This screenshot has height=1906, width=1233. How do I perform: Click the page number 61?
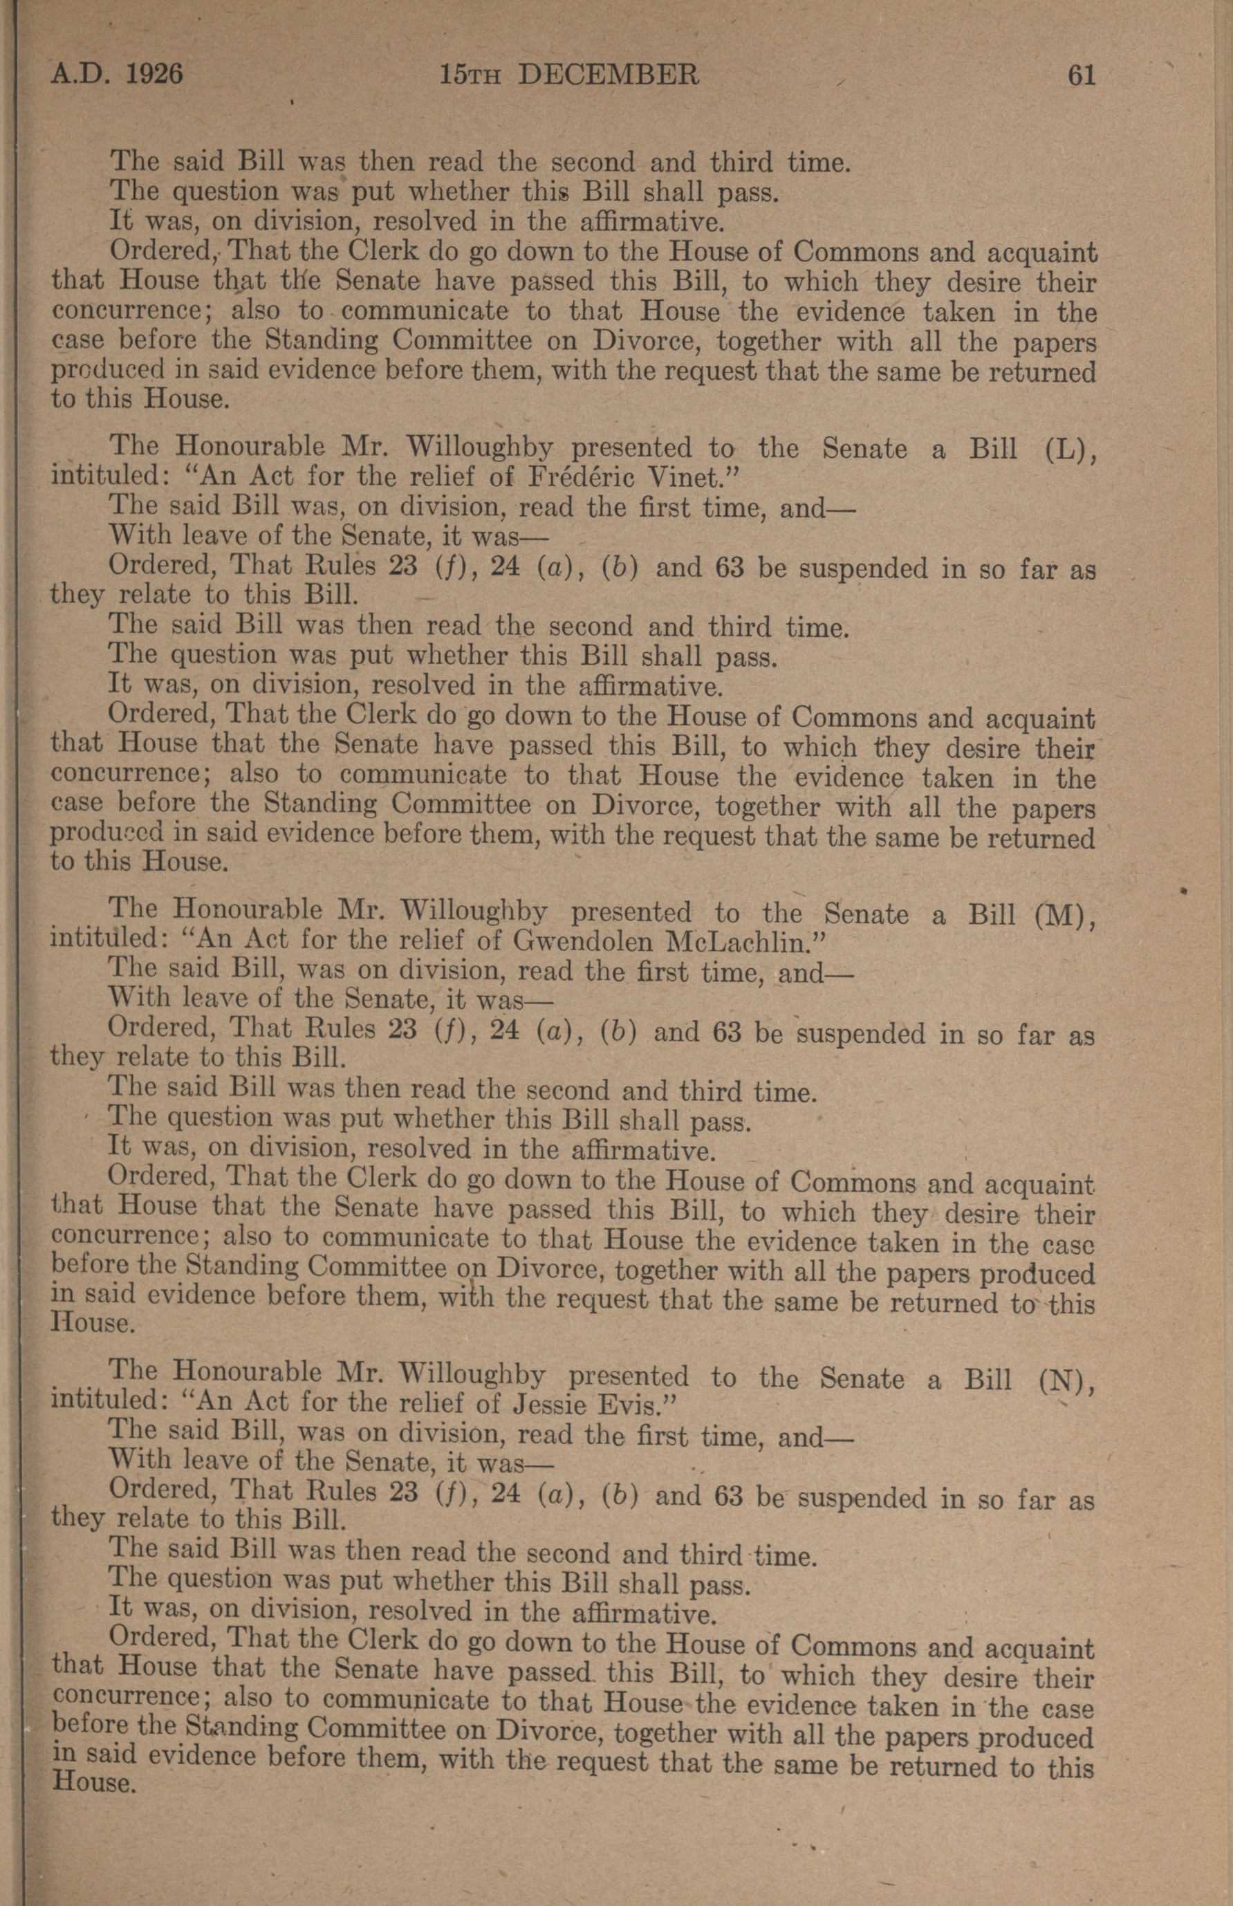[x=1080, y=75]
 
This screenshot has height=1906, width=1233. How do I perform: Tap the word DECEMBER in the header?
[x=609, y=75]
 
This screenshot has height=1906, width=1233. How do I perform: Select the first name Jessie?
[x=557, y=1403]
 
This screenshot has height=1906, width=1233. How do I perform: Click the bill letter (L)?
[x=1070, y=450]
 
